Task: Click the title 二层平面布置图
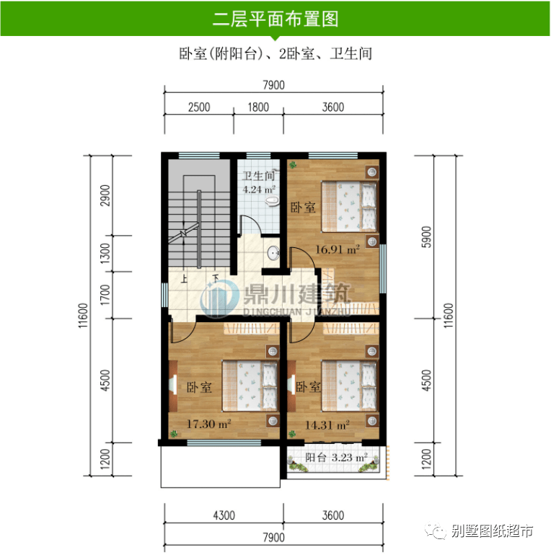click(x=275, y=19)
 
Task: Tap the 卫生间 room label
click(x=258, y=176)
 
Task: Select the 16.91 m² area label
click(x=338, y=249)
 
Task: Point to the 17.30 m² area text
click(x=209, y=423)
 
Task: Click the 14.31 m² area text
click(x=327, y=425)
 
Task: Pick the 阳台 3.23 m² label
click(x=336, y=457)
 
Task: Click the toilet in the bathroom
click(x=272, y=201)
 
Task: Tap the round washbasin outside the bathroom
click(x=273, y=253)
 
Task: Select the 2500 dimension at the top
click(x=199, y=107)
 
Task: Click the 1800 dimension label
click(x=258, y=107)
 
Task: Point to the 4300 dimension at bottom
click(x=224, y=515)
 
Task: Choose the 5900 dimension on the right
click(x=427, y=237)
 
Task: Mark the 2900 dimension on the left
click(x=105, y=195)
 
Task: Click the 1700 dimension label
click(x=105, y=296)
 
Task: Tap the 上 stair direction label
click(x=184, y=278)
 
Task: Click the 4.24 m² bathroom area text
click(x=259, y=189)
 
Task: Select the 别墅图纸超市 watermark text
click(x=492, y=531)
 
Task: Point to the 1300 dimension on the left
click(x=105, y=254)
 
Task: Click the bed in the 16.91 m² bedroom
click(x=350, y=207)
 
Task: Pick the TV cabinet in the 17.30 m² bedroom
click(x=173, y=386)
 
